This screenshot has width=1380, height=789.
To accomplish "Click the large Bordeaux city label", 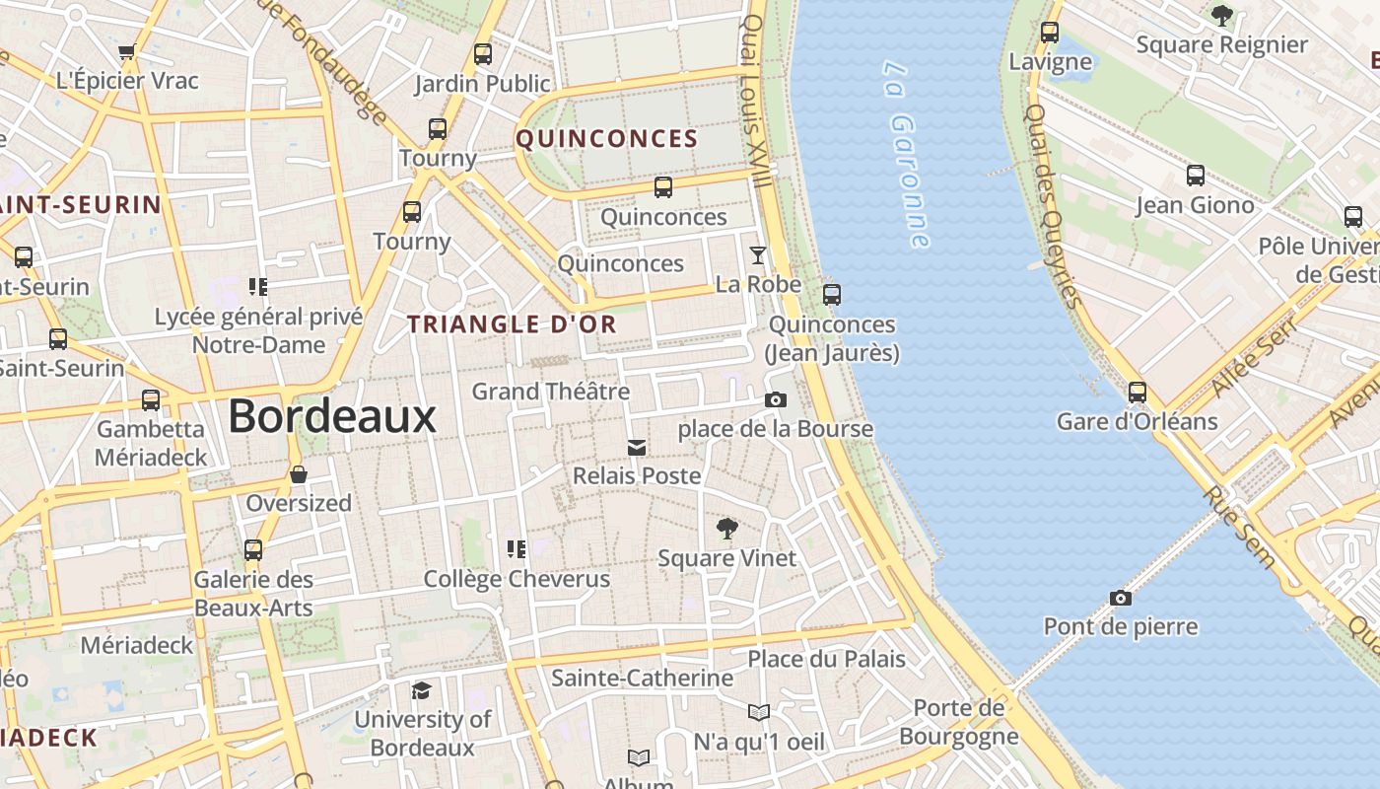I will (x=332, y=416).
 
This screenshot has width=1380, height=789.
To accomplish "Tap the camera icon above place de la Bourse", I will (x=776, y=399).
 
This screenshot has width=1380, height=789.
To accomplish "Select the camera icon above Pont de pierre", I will (x=1120, y=598).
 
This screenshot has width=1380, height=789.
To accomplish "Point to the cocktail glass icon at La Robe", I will (x=757, y=255).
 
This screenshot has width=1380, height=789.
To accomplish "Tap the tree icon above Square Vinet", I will (x=726, y=529).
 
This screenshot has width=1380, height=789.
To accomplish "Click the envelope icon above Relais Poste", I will (x=637, y=448).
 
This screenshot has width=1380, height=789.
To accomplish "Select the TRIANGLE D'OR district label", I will (x=512, y=323).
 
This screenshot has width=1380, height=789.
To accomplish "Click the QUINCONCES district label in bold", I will (x=606, y=139).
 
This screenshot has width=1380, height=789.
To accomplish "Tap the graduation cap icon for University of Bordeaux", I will (x=422, y=689).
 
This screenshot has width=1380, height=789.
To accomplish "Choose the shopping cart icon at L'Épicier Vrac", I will (x=126, y=51).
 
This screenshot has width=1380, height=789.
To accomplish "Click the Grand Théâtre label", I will (x=550, y=392).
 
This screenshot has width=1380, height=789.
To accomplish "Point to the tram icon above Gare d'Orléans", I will (x=1138, y=393).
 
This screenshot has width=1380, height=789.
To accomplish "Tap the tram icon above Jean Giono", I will (x=1195, y=176).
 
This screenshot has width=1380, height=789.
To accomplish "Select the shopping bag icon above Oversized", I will (x=299, y=474).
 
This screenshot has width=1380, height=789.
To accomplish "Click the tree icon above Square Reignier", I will (x=1221, y=15).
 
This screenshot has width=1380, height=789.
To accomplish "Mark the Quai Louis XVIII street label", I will (x=754, y=99).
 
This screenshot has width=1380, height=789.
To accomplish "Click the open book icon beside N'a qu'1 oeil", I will (x=758, y=712).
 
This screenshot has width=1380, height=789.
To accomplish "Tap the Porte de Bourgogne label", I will (x=958, y=722).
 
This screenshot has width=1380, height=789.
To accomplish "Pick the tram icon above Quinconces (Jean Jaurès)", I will (x=832, y=294).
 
